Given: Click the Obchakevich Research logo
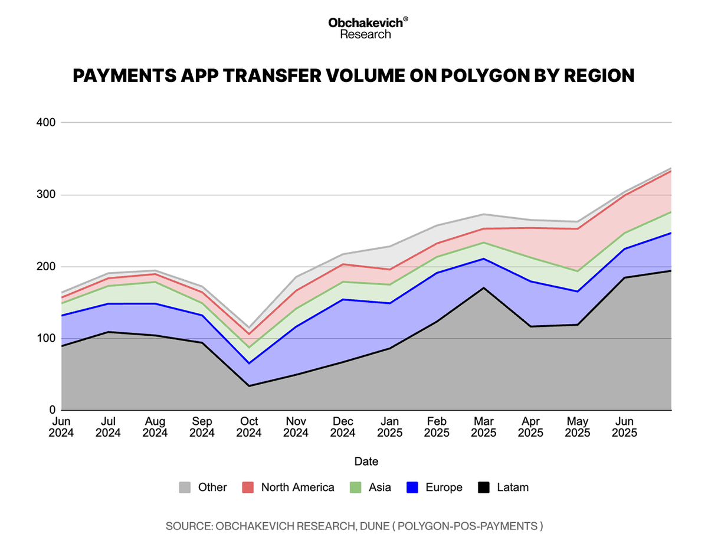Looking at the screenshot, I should (x=368, y=28).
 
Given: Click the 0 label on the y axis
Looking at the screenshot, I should (x=52, y=410).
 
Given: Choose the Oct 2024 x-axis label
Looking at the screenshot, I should (x=249, y=427).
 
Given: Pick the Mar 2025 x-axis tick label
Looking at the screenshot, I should (x=484, y=427).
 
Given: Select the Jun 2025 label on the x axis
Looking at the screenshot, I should (x=624, y=427).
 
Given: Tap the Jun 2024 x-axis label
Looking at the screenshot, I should (x=61, y=427).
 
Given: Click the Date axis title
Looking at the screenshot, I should (x=366, y=461).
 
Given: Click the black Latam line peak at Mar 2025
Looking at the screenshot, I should (x=484, y=287).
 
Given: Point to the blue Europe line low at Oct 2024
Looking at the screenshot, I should (x=249, y=363).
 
